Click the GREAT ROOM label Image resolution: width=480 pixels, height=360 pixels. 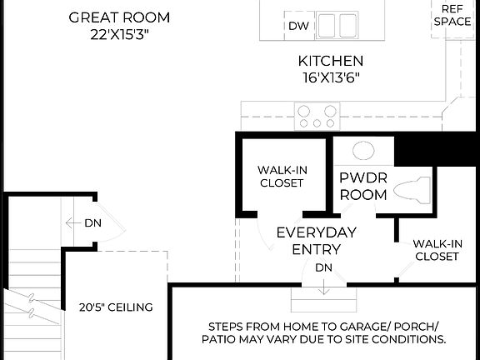(x=118, y=17)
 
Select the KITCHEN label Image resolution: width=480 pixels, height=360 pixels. (x=331, y=61)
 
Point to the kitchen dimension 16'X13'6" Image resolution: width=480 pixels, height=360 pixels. (x=331, y=77)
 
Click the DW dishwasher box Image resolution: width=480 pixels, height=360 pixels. (x=298, y=26)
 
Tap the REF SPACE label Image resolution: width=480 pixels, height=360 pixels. (x=452, y=14)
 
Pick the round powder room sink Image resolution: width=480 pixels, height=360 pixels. (x=363, y=151)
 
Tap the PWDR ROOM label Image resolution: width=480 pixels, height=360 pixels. (x=363, y=186)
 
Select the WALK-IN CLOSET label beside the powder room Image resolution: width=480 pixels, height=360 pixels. (x=281, y=176)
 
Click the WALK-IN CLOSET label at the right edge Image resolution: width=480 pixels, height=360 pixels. (x=437, y=250)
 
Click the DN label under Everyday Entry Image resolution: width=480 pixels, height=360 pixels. (x=323, y=267)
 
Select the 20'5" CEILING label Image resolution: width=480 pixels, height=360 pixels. (x=116, y=307)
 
